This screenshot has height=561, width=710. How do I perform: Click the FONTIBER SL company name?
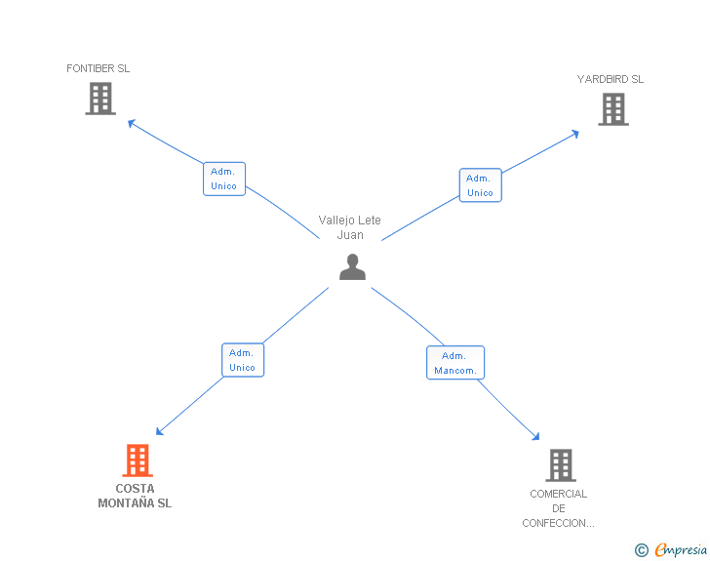[x=99, y=68]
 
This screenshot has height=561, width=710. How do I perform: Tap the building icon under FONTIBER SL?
[x=100, y=99]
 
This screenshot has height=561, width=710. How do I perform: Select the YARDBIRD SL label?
[x=611, y=79]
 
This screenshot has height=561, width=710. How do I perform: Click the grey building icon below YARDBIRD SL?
[x=613, y=109]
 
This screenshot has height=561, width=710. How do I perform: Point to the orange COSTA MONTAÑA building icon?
[x=138, y=461]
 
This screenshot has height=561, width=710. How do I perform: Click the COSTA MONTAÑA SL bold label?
[x=135, y=496]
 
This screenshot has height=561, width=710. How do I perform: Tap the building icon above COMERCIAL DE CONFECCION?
[x=561, y=465]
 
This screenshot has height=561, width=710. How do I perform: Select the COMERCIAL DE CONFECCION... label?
[x=558, y=508]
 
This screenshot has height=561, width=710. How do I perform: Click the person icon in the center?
[x=352, y=267]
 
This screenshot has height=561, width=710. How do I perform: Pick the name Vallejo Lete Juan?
[x=349, y=227]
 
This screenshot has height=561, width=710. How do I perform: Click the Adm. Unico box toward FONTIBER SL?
[x=224, y=179]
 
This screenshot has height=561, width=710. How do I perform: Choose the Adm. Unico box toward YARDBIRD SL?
[x=481, y=185]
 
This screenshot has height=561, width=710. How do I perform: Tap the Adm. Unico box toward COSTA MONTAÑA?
[x=243, y=360]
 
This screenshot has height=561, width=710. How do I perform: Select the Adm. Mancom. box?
[x=455, y=363]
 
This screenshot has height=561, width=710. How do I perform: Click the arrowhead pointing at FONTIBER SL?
[x=132, y=123]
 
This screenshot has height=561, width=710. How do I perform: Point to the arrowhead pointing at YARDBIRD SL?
[x=575, y=134]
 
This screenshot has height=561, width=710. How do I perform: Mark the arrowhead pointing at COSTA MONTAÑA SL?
[x=159, y=431]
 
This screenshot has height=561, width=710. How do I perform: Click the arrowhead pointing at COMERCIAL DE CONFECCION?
[x=536, y=437]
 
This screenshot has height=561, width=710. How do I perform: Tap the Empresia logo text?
[x=681, y=550]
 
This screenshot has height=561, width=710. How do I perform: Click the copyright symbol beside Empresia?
[x=642, y=550]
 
